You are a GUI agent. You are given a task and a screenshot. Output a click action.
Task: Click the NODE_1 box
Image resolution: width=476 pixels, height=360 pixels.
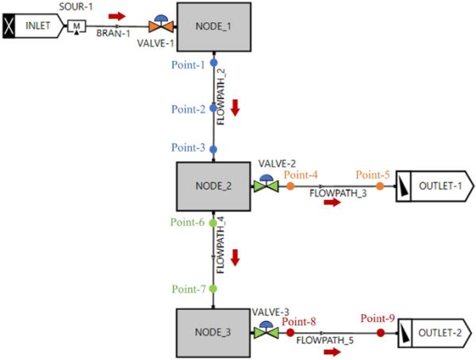pyautogui.click(x=213, y=28)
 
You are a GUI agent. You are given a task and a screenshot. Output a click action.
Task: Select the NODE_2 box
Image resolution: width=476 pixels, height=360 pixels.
pyautogui.click(x=213, y=186)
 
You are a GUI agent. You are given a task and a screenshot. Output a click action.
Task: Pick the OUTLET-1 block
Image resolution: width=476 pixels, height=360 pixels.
pyautogui.click(x=434, y=186)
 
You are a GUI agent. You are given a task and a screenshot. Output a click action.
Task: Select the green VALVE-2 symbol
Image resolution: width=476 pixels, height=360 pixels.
pyautogui.click(x=264, y=186)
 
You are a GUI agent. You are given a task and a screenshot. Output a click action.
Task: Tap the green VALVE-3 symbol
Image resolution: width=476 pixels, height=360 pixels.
pyautogui.click(x=264, y=333)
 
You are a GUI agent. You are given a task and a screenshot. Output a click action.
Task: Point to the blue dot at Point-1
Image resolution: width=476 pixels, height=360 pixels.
pyautogui.click(x=213, y=62)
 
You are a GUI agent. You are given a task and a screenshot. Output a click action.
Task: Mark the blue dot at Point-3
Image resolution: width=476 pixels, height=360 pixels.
pyautogui.click(x=213, y=148)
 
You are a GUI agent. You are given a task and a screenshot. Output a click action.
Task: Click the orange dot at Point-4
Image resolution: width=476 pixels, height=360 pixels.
pyautogui.click(x=290, y=186)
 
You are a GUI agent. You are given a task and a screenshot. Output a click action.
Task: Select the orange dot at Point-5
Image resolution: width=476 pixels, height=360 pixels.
pyautogui.click(x=380, y=186)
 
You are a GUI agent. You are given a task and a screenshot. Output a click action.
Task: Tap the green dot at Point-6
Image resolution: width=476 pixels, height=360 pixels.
pyautogui.click(x=213, y=224)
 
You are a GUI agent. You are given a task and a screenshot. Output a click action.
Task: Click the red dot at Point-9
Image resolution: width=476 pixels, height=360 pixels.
pyautogui.click(x=380, y=333)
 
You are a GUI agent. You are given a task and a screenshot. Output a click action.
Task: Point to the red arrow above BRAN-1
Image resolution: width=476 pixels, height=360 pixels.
pyautogui.click(x=117, y=15)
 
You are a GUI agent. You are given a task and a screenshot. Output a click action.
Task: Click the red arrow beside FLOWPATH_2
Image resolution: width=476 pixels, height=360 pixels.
pyautogui.click(x=236, y=106)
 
